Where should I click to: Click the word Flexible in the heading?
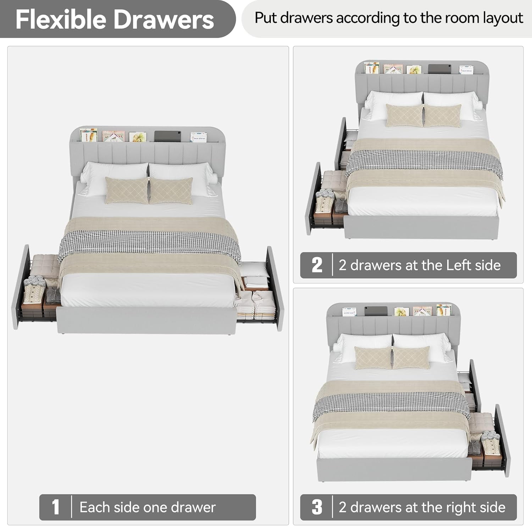(61, 19)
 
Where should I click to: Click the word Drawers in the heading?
(164, 19)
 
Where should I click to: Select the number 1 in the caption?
(55, 507)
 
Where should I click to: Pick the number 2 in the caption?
(317, 265)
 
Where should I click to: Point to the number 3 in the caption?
(317, 507)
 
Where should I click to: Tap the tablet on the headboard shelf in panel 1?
(168, 136)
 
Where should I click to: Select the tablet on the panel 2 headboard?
(439, 69)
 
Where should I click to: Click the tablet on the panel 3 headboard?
(376, 311)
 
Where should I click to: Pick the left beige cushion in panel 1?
(127, 191)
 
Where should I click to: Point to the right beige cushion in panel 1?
(171, 191)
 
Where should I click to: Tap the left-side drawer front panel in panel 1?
(21, 287)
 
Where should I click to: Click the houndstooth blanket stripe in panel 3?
(392, 405)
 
